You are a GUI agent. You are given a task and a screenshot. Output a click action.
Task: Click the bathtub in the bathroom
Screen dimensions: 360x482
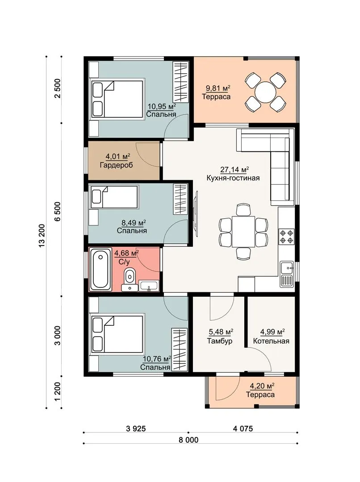click(100, 269)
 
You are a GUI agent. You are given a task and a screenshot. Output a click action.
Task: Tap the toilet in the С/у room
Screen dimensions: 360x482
click(130, 276)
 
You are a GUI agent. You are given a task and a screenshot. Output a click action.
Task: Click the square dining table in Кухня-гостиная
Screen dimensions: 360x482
click(243, 232)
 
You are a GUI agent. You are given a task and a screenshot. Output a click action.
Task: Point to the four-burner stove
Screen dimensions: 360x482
click(286, 237)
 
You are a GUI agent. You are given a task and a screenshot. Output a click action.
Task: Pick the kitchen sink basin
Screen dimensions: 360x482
click(286, 268)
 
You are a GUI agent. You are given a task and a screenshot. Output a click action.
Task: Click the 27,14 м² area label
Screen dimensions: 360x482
click(234, 170)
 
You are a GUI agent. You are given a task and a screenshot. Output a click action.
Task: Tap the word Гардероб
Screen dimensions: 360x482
click(116, 165)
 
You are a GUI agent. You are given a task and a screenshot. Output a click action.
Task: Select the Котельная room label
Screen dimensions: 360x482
click(271, 341)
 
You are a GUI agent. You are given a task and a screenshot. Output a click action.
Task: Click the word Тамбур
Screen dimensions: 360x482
click(220, 341)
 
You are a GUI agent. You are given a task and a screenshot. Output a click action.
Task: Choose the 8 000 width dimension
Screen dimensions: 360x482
click(188, 440)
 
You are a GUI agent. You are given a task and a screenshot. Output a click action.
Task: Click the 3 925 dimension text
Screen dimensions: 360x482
click(136, 428)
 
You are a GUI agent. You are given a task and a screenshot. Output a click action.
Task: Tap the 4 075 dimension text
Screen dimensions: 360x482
click(243, 428)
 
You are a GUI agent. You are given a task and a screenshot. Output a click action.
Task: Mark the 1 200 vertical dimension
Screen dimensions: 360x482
click(58, 392)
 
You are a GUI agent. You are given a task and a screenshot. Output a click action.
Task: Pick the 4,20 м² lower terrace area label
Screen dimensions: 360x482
click(262, 386)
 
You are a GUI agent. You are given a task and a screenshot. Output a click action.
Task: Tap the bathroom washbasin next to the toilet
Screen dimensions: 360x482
click(149, 286)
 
